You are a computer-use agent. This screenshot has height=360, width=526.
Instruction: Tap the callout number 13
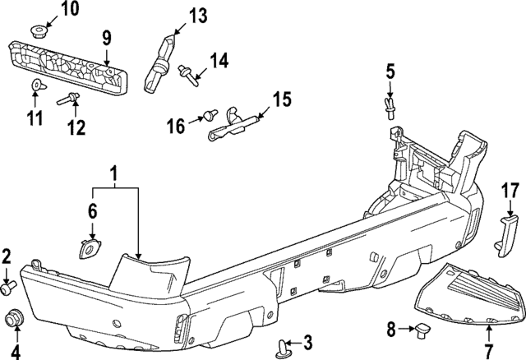click(197, 15)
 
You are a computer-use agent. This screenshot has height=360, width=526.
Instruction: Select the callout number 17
click(510, 192)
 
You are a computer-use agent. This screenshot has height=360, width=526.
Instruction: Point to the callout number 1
click(114, 174)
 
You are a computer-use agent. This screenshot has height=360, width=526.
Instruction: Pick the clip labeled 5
click(391, 108)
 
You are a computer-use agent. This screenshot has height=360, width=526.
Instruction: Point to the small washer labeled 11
click(35, 85)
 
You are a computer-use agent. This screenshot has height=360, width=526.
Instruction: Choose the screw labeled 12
click(67, 101)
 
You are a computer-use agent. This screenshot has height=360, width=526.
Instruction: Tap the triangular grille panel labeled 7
click(468, 296)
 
